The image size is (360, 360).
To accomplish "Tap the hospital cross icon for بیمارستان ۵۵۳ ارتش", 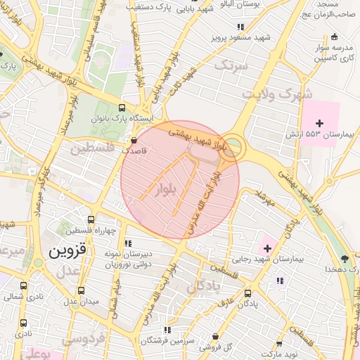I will tap(329, 123).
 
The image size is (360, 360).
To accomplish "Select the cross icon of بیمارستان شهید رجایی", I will tap(267, 247).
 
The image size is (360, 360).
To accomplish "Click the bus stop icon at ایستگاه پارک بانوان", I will tap(123, 108).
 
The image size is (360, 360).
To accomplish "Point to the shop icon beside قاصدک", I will tap(134, 140).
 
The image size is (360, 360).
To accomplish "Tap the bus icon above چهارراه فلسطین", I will tap(90, 220).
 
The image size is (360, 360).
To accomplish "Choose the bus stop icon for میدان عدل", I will tap(82, 290).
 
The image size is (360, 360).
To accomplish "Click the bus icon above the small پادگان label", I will tap(247, 293).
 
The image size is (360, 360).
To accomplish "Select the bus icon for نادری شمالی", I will tap(24, 286).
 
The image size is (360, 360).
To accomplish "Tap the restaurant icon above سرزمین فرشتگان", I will tap(167, 328).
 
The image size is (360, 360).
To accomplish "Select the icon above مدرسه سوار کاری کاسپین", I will tap(334, 37).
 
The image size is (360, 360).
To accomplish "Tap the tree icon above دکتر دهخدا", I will tap(344, 258).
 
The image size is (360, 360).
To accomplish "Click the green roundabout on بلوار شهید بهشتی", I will tap(235, 147).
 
